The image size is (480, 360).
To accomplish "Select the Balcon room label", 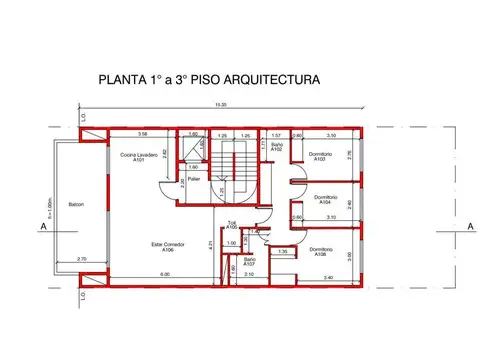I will (76, 205).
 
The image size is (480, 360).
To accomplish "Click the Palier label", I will (193, 181).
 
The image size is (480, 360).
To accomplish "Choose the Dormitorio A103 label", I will (320, 157).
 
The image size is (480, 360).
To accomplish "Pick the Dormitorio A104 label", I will (318, 199).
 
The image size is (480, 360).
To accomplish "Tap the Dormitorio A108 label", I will (321, 251).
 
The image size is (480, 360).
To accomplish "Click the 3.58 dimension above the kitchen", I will (143, 134).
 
